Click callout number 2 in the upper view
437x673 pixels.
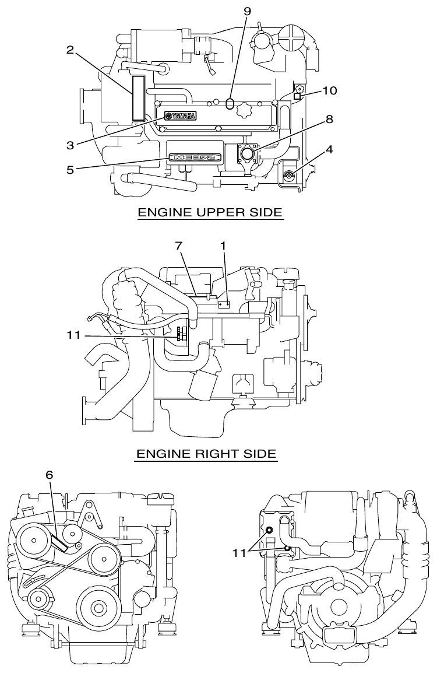[70, 50]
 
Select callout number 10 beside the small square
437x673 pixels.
[330, 91]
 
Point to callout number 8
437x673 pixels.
[329, 119]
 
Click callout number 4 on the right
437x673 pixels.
[329, 149]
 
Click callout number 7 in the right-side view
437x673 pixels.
[180, 246]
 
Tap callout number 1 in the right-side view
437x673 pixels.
[223, 246]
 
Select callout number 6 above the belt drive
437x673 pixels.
[50, 475]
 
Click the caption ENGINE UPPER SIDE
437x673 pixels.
[210, 213]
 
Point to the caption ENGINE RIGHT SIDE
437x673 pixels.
[206, 453]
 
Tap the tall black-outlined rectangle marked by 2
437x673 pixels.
[138, 98]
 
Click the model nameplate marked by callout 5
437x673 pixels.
[195, 158]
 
